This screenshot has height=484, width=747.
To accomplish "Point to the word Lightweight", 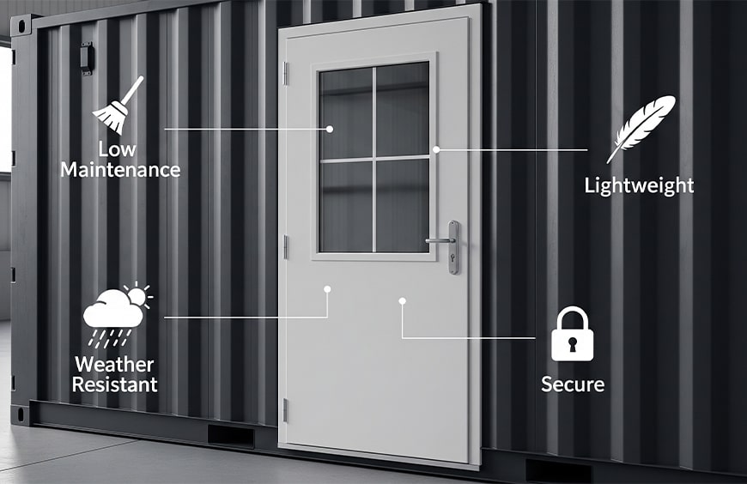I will coord(639,185).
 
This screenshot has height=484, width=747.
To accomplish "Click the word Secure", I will coord(572,384).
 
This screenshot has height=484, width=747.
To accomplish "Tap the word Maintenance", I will coord(120,170).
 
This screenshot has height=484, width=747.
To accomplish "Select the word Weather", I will coord(114,365).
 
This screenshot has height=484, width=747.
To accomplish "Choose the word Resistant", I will coord(114,384).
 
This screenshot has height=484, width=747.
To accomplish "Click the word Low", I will coord(118,149).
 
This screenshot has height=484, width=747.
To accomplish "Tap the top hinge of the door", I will coord(286,73).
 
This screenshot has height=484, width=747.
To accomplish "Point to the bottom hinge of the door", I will coord(285,410).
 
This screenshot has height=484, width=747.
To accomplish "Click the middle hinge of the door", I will coord(285,246).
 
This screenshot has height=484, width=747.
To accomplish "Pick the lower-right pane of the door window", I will coord(402,205).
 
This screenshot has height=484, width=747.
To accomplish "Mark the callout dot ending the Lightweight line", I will coord(436,149).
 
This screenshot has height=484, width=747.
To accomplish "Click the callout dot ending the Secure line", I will coord(402,300).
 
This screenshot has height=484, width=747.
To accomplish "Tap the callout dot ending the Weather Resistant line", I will coord(327,289).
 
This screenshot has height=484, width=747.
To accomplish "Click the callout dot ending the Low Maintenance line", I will coord(330,129).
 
